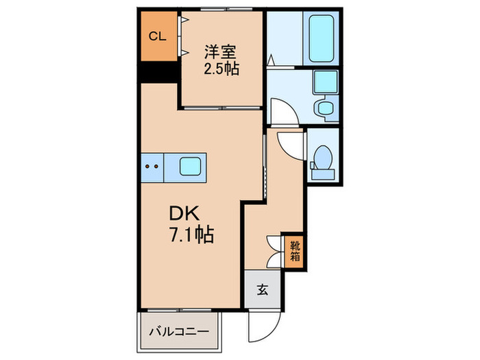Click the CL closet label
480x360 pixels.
[157, 36]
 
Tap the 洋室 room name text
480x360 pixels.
[221, 51]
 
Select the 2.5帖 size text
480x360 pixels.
[221, 69]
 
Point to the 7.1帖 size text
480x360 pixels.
[191, 235]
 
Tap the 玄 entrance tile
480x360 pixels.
[262, 289]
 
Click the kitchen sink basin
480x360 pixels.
[191, 165]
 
